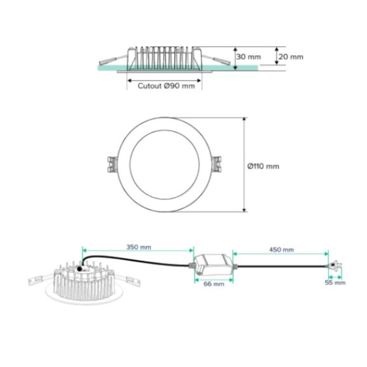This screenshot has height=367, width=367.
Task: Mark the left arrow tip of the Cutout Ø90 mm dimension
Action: [x=127, y=81]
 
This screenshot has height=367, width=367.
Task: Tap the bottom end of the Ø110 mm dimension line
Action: [x=244, y=212]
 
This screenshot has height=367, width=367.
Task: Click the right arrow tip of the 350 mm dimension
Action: [x=193, y=250]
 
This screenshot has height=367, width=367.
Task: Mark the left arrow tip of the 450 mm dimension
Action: [x=233, y=254]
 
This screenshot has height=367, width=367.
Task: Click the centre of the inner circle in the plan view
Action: [x=164, y=165]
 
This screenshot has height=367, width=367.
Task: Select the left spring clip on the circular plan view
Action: [x=112, y=164]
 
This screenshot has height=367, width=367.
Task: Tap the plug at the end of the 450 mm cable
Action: [x=335, y=266]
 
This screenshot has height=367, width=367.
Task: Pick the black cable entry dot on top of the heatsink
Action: [x=80, y=269]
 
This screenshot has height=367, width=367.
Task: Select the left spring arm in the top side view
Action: [x=113, y=60]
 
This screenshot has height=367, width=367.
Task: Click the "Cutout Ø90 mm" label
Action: [x=166, y=86]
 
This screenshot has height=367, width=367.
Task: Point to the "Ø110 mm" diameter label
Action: [x=263, y=166]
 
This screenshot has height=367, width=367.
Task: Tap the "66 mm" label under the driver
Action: [x=214, y=284]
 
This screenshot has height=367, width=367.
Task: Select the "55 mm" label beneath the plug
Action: [x=335, y=283]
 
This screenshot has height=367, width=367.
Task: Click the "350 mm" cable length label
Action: [x=139, y=247]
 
